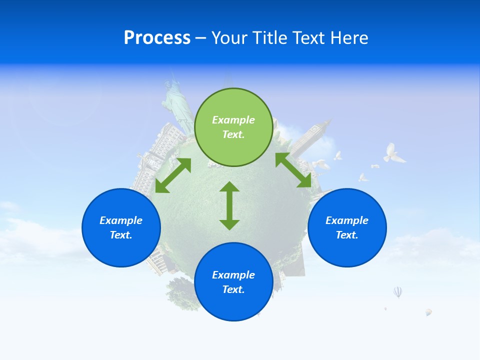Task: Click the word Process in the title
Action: (x=157, y=38)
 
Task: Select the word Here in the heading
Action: (x=348, y=38)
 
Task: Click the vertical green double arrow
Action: (x=229, y=205)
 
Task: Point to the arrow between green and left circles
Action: (x=173, y=175)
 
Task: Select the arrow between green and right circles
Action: (x=293, y=170)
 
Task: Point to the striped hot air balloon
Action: (x=397, y=292)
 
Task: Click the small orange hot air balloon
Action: (x=428, y=312)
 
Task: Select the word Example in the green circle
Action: (x=233, y=120)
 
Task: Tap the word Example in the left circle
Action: (x=121, y=220)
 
